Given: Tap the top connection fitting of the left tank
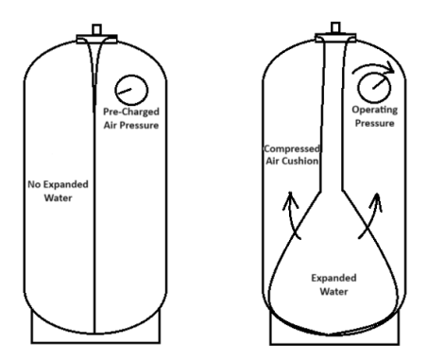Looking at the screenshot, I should [x=96, y=34].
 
